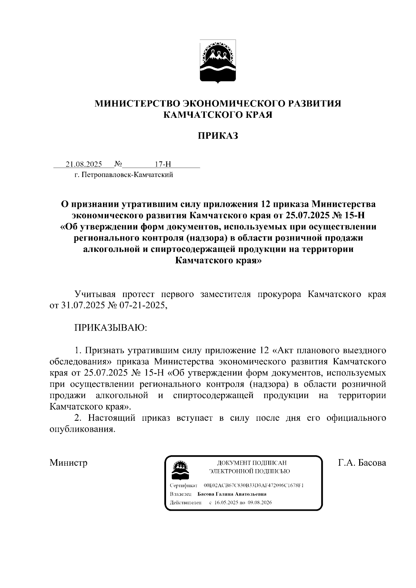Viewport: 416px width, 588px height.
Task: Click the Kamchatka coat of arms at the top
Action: pos(218,61)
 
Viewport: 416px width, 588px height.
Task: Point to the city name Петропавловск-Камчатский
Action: pos(128,175)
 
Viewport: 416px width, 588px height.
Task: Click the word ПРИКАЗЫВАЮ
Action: pos(111,327)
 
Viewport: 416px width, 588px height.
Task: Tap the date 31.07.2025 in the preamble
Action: pos(81,306)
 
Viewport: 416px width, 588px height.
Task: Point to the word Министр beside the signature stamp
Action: pos(68,463)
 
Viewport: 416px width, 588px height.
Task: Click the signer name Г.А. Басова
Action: pos(362,463)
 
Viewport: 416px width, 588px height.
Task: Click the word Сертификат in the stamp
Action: pos(184,485)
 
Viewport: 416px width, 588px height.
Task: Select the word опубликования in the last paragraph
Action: pos(82,429)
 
